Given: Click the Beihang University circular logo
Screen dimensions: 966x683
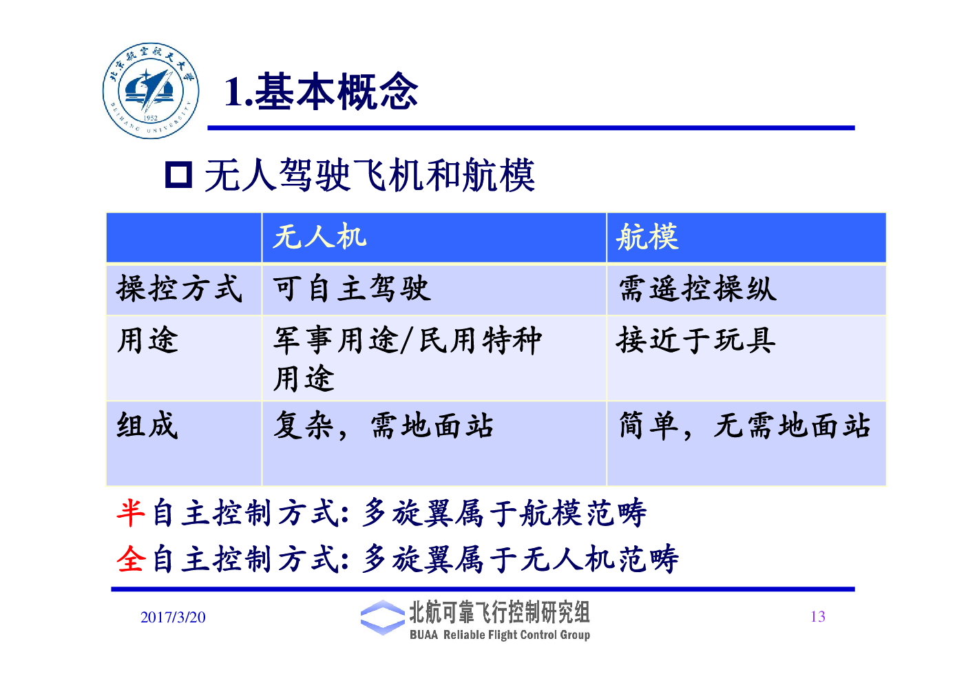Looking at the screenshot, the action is (x=151, y=91).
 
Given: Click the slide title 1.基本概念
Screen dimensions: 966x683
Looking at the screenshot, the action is (x=322, y=92).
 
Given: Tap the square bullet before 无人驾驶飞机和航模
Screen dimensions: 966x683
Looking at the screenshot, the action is (x=178, y=175).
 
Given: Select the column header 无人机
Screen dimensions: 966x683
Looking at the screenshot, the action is (x=319, y=236).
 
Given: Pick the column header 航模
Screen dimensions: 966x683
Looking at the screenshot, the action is (x=647, y=236).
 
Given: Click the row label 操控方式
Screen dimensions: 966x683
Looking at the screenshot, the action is (x=180, y=288).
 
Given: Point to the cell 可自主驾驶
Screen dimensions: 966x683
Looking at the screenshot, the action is (x=352, y=288).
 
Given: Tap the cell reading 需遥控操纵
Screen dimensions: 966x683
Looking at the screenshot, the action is (x=697, y=288).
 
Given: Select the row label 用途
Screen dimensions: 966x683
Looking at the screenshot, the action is (x=147, y=339).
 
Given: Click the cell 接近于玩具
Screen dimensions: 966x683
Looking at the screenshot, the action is (x=695, y=339).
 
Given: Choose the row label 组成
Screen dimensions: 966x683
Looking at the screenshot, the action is (x=147, y=425).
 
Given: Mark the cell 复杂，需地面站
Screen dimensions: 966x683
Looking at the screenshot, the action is (x=384, y=425).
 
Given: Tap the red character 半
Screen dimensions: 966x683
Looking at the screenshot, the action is (x=131, y=513).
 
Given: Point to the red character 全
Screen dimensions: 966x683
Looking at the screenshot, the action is (x=131, y=558).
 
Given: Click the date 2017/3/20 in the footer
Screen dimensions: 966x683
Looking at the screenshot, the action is (x=173, y=617).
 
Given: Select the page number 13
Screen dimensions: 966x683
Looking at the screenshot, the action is (x=818, y=617).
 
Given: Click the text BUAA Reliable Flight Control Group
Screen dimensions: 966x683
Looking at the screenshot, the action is (x=500, y=635).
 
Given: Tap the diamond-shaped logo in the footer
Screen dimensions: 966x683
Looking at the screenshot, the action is (x=383, y=618).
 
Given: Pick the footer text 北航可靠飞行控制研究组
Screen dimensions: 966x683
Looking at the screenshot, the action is (x=499, y=612).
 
